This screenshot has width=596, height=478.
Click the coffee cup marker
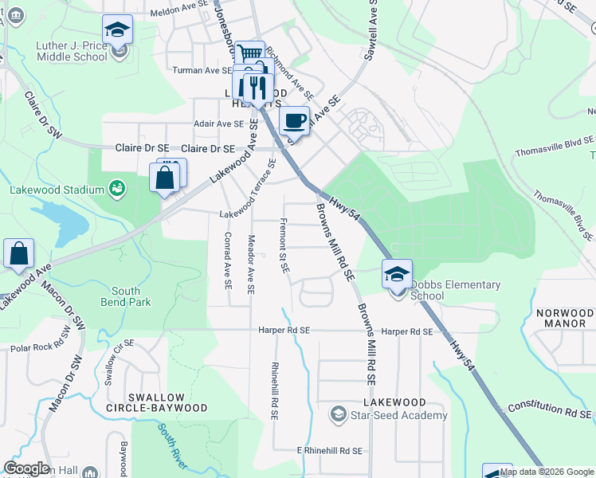(x=294, y=121)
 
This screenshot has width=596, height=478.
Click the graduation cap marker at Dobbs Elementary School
(x=397, y=274)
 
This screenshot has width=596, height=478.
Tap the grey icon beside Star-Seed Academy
(x=338, y=415)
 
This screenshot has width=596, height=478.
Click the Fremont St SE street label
(x=284, y=245)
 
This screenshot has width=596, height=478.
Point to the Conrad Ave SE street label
(x=228, y=260)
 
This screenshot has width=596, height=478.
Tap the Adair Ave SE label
(x=218, y=123)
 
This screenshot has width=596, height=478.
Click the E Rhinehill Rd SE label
(x=330, y=451)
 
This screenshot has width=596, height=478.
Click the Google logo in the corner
(x=26, y=468)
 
